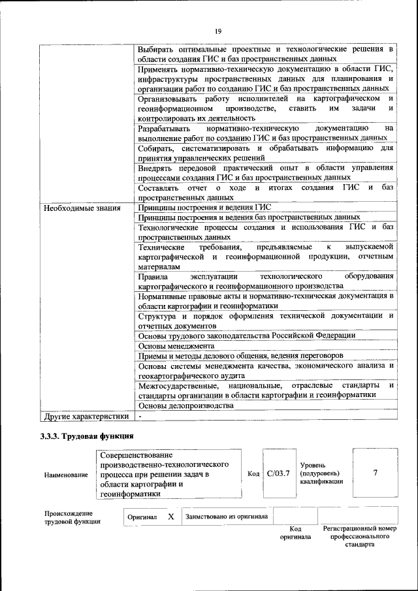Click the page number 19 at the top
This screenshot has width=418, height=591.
(218, 30)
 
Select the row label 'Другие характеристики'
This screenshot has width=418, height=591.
(86, 415)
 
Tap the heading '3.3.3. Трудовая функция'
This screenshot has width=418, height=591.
(87, 436)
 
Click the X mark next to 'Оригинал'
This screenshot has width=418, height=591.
(170, 516)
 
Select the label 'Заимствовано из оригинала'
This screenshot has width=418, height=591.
(226, 517)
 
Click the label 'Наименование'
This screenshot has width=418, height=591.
(66, 475)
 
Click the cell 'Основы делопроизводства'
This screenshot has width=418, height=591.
(186, 406)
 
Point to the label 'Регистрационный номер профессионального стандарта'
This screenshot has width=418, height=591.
(360, 535)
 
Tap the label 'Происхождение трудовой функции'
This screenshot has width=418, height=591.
(69, 517)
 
